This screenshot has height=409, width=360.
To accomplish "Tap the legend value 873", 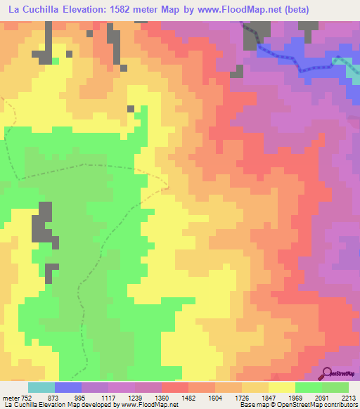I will coord(62,397).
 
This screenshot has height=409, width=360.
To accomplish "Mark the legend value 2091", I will coord(330,397).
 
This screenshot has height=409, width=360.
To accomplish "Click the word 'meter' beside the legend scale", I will coord(11,397).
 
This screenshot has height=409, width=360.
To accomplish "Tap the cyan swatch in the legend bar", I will coord(41,387).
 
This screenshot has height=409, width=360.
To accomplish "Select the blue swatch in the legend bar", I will coord(68,387).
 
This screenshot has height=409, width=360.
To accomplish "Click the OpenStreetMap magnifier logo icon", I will coord(328,372).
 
